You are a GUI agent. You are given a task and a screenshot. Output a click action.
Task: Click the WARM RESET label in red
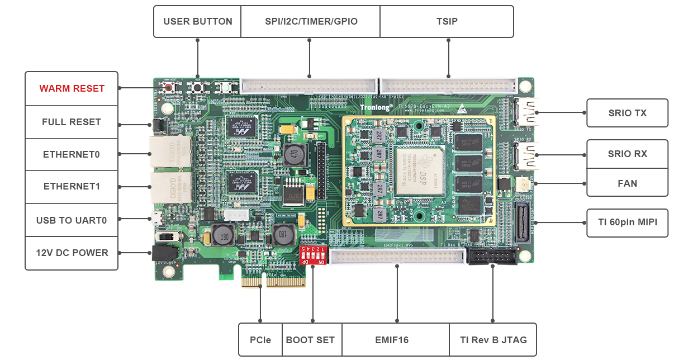pos(72,88)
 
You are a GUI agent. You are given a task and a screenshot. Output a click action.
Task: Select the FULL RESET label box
pos(72,122)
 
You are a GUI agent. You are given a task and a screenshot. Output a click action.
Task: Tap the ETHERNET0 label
pos(72,154)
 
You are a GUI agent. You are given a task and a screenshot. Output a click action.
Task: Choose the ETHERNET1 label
pos(72,186)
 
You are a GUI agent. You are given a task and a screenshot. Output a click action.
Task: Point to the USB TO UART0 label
pos(72,220)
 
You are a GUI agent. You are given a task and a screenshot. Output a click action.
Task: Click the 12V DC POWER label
pos(72,253)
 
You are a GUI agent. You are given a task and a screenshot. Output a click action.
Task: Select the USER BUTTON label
pos(198,22)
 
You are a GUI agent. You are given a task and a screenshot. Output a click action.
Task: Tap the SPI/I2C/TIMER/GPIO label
pos(311,22)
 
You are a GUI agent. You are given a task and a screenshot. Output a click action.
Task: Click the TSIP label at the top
pos(447,22)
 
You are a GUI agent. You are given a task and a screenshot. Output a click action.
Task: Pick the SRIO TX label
pos(627,113)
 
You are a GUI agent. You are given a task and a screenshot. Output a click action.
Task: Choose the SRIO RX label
pos(627,154)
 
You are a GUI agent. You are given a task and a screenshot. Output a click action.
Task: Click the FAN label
pos(627,183)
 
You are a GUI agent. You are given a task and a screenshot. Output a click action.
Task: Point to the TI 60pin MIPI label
pos(627,222)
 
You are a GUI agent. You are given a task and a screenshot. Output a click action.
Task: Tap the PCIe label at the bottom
pos(260,339)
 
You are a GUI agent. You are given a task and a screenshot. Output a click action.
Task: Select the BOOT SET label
pos(310,339)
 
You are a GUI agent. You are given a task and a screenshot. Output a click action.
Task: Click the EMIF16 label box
pos(396,339)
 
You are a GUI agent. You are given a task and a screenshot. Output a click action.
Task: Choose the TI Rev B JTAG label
pos(493,339)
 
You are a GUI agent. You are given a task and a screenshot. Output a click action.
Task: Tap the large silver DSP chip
pos(420,170)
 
